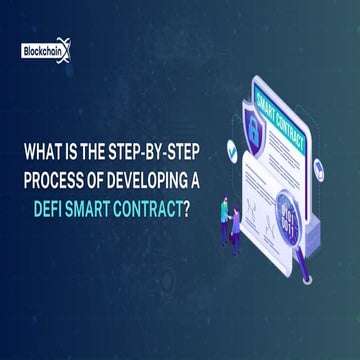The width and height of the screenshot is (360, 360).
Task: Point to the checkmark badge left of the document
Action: [233, 149]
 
